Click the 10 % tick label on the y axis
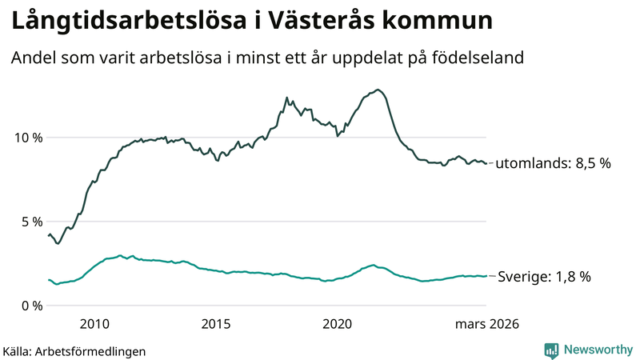26,138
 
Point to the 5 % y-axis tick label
30,222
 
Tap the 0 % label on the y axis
30,306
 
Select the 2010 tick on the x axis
94,324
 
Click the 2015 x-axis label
216,324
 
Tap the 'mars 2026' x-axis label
486,324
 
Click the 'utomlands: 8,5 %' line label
553,163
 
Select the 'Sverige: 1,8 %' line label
544,277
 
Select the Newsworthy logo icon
551,350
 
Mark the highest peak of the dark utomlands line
378,90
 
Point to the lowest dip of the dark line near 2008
57,243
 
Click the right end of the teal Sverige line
486,276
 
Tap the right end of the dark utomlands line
486,163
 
